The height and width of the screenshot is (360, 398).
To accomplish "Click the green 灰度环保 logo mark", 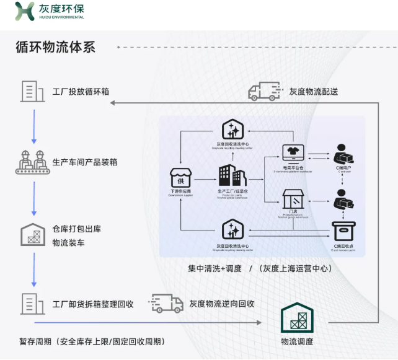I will (25, 11).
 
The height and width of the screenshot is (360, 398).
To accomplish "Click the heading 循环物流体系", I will (55, 47).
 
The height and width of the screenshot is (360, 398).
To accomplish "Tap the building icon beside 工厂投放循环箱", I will (33, 91).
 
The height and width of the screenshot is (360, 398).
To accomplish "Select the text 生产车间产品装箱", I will (85, 162).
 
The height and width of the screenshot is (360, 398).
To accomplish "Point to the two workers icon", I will (33, 161).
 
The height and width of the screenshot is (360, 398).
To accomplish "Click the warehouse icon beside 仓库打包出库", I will (33, 234).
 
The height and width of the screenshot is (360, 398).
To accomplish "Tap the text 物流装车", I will (68, 242).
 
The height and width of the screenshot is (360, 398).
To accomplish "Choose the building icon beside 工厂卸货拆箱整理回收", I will (33, 304).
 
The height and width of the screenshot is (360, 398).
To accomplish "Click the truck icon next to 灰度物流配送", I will (263, 92).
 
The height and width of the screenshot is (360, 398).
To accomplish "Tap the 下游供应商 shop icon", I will (180, 179).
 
